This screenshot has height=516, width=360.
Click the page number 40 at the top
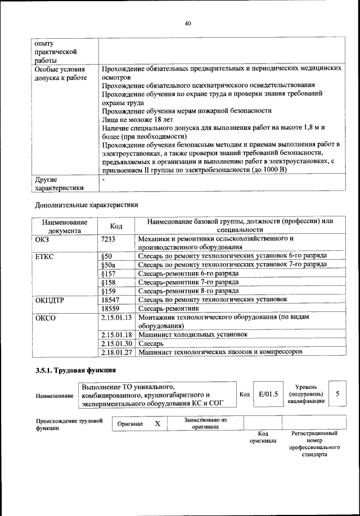188,23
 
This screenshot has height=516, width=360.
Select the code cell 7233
108,239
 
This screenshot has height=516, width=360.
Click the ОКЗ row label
44,239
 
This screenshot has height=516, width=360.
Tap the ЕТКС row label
46,256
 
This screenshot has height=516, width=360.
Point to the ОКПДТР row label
50,300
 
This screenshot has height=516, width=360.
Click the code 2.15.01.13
116,318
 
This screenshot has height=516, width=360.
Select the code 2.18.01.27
116,352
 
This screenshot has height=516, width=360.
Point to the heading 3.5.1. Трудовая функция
75,370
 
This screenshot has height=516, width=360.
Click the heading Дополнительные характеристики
86,205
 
